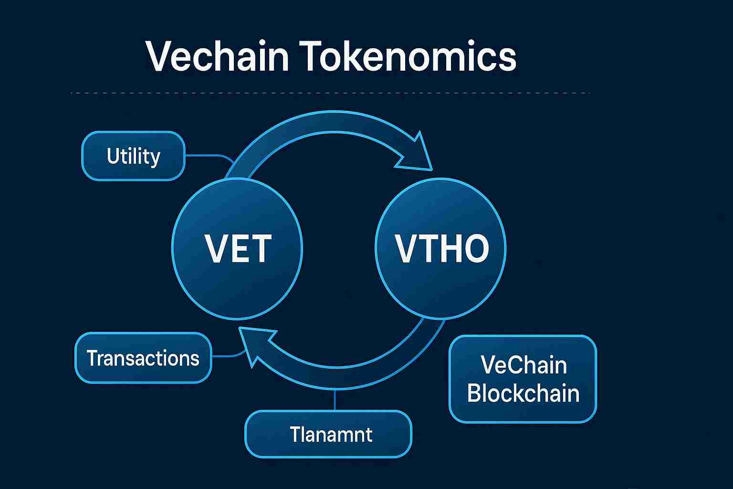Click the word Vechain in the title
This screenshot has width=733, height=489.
217,56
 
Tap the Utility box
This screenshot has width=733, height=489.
133,156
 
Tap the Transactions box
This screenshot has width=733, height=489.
143,358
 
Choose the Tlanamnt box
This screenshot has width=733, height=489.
328,434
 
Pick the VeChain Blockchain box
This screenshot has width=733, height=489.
523,379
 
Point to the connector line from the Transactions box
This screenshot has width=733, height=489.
227,356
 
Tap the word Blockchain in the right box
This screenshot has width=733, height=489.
523,393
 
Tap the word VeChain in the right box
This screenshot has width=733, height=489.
523,365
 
